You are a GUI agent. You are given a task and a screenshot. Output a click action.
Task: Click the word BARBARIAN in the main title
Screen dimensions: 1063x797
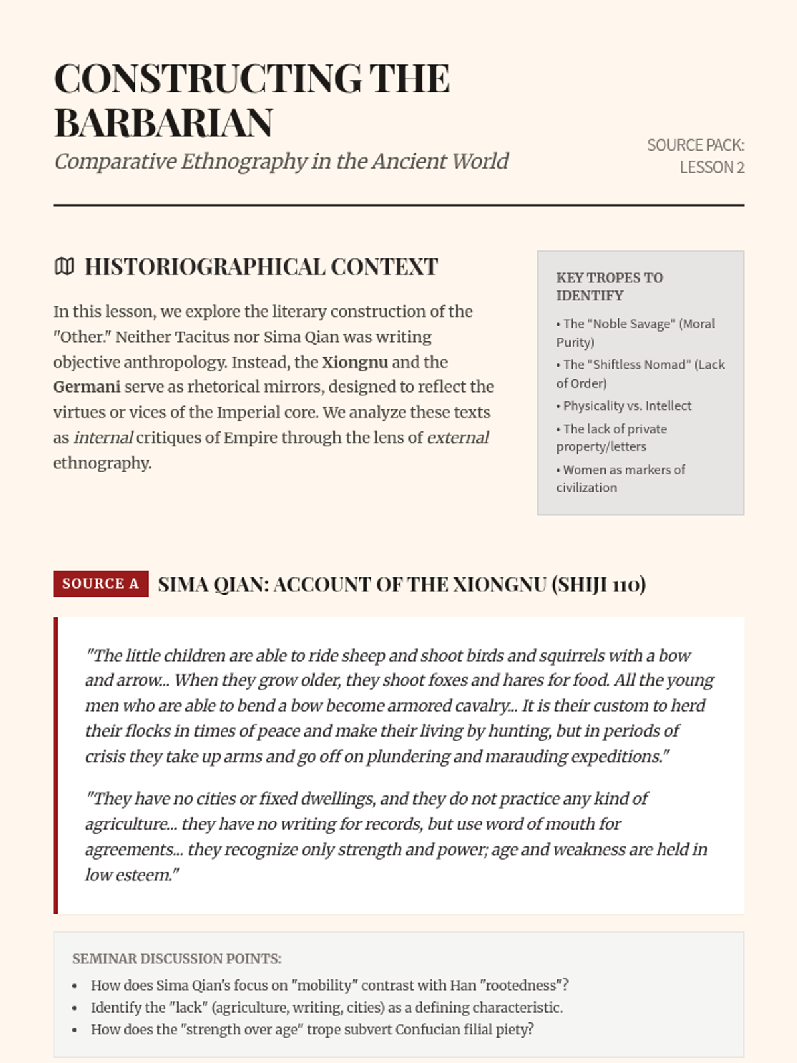tap(163, 124)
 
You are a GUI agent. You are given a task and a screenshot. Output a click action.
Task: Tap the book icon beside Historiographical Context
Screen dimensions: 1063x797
tap(64, 267)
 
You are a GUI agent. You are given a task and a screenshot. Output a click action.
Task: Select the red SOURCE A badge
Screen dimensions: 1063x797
tap(101, 584)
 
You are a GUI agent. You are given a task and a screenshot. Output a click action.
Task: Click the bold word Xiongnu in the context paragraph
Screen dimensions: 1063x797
tap(355, 362)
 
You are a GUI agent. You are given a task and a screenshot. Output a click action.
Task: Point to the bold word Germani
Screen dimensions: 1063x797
tap(87, 387)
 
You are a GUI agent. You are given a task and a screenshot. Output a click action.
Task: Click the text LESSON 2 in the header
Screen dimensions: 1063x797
tap(711, 167)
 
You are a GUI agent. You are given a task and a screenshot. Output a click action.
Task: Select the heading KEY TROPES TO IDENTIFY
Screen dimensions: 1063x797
tap(609, 286)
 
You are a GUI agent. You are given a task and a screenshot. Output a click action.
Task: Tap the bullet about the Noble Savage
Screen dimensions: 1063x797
tap(635, 333)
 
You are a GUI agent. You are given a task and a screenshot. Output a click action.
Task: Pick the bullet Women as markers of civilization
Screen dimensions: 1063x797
tap(620, 478)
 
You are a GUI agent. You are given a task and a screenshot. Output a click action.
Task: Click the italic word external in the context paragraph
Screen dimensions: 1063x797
tap(458, 438)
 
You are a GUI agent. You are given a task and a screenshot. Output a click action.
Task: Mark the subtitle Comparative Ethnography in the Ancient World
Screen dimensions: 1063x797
tap(281, 161)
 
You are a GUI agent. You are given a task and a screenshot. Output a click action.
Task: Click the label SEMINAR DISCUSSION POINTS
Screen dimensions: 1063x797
tap(177, 959)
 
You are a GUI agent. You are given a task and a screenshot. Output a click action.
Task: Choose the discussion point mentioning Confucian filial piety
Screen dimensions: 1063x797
tap(312, 1030)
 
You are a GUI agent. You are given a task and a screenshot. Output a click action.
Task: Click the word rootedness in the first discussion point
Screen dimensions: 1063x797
tap(523, 985)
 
